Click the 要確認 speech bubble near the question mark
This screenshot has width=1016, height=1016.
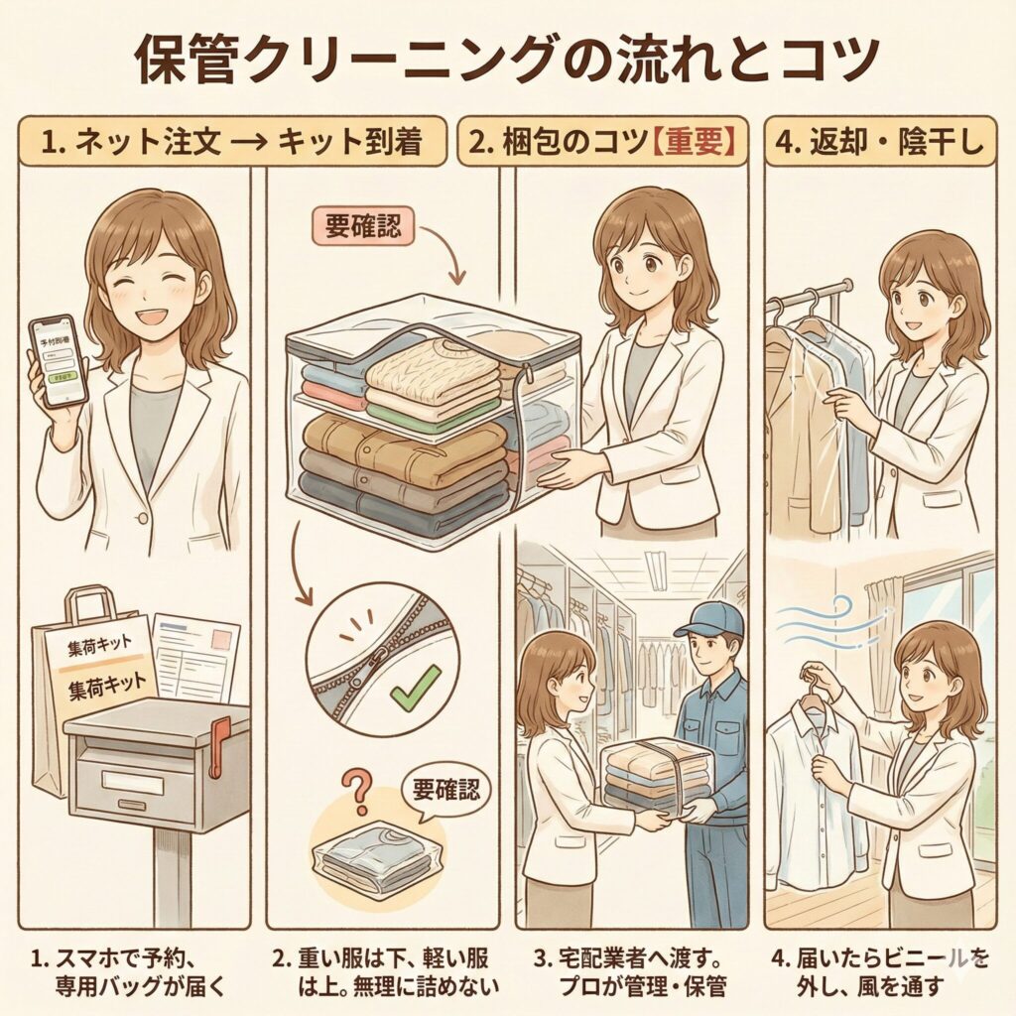coord(444,791)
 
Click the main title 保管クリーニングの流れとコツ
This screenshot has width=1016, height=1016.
coord(507,62)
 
